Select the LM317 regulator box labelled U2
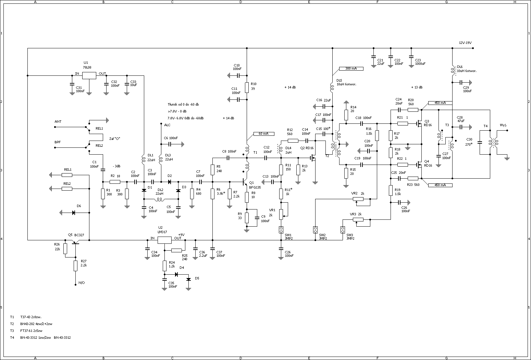click(164, 240)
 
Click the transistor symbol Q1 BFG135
click(245, 182)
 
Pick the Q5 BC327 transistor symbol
click(76, 242)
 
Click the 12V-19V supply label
click(465, 43)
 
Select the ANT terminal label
click(58, 122)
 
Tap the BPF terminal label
click(58, 142)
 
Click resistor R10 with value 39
click(247, 87)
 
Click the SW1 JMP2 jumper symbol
click(281, 230)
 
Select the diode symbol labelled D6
click(74, 213)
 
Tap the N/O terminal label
click(82, 283)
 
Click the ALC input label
click(167, 125)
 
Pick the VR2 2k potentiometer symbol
click(359, 199)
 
